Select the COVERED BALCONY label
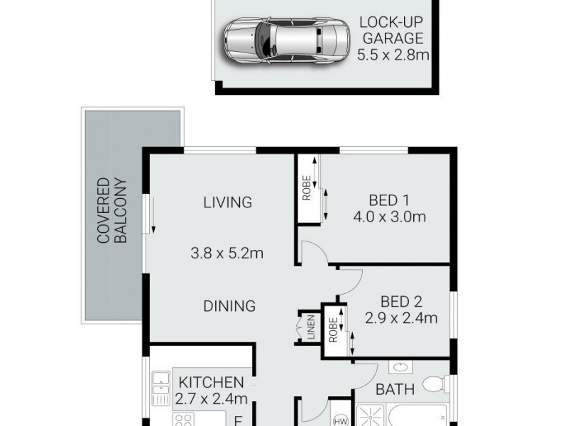112,211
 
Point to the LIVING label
227,202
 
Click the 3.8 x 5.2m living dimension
227,252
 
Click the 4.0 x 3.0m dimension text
388,217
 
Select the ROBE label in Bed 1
307,188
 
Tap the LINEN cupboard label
311,332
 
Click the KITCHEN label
211,382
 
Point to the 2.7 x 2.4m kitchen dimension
211,399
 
